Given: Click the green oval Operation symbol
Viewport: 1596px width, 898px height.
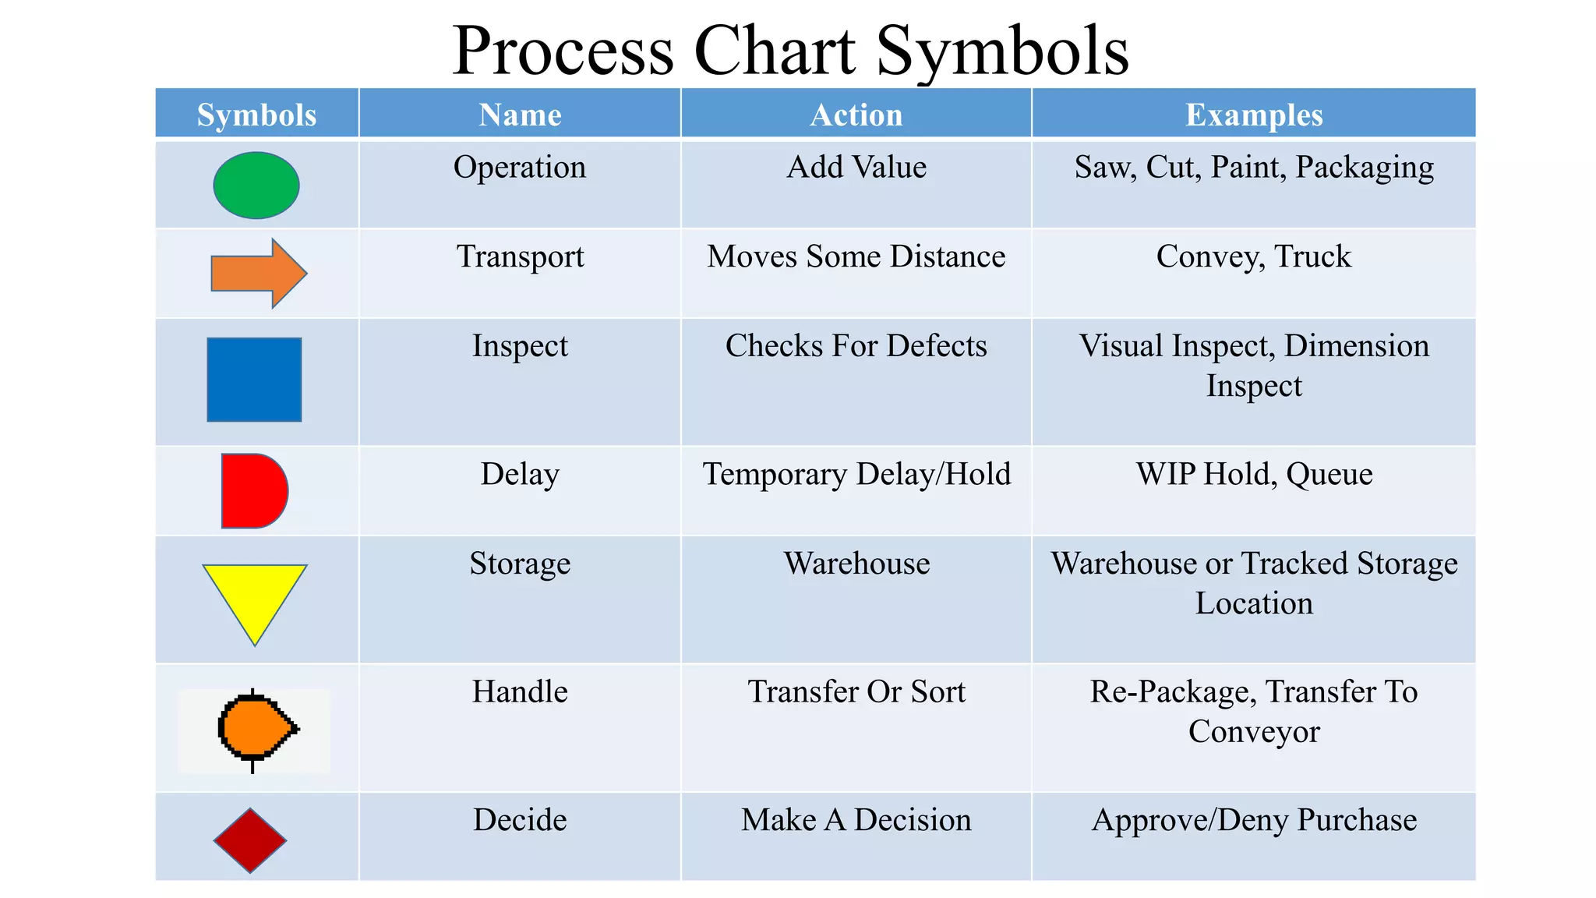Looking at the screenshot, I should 256,186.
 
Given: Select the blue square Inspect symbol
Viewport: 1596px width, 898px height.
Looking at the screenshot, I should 254,380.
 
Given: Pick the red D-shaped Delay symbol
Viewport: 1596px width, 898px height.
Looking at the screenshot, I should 252,491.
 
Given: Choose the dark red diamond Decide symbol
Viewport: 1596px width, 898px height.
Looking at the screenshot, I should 250,840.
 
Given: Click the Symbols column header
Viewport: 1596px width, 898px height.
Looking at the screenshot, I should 256,115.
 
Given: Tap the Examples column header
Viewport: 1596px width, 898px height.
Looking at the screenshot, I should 1254,115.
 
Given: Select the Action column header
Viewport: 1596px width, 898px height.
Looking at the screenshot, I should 856,115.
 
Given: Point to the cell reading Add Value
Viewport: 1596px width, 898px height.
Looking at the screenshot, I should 856,167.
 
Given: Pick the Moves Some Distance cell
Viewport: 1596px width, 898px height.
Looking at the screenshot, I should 856,256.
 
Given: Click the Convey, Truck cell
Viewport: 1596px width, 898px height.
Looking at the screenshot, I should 1253,256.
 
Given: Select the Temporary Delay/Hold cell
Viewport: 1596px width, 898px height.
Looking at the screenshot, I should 856,474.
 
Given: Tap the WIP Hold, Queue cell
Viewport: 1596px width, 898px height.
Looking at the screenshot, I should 1254,474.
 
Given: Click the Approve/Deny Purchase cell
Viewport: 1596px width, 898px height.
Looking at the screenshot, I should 1254,820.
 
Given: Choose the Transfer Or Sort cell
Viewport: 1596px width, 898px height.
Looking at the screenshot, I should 856,691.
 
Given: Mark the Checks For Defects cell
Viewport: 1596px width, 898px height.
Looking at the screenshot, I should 856,346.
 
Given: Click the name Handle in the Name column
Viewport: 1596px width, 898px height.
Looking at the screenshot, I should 520,691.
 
